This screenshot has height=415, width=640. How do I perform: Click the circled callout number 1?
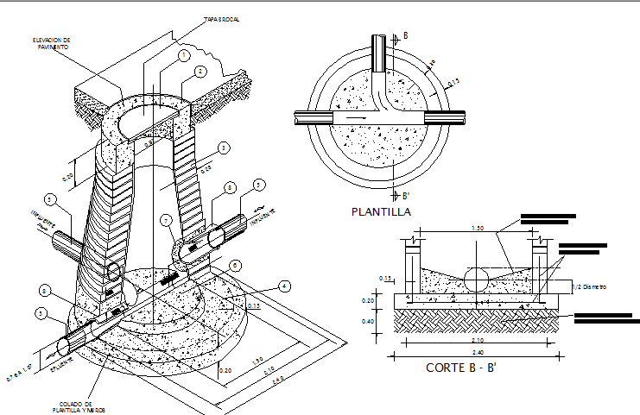pos(183,54)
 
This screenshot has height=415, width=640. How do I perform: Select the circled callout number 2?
pos(200,72)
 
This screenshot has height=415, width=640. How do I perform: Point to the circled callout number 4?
pos(284,286)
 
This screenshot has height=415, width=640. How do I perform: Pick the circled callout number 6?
pos(230,188)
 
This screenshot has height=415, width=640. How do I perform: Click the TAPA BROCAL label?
pos(221,18)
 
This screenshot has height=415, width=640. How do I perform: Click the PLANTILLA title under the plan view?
pos(381,211)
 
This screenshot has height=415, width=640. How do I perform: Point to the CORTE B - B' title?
pos(460,368)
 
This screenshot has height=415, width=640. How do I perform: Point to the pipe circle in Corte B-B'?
pos(478,280)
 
